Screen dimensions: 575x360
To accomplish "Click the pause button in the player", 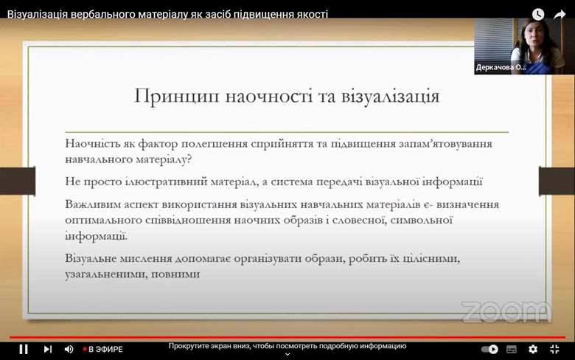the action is pyautogui.click(x=24, y=349).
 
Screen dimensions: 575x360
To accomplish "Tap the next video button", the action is pyautogui.click(x=48, y=349).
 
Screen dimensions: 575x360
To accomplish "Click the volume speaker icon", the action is pyautogui.click(x=69, y=349).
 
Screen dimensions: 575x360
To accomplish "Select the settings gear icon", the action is pyautogui.click(x=533, y=349).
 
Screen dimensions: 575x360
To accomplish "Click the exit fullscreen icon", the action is pyautogui.click(x=554, y=349).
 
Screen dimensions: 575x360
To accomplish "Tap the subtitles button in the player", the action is pyautogui.click(x=512, y=350).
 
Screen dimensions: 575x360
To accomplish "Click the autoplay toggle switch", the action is pyautogui.click(x=490, y=349).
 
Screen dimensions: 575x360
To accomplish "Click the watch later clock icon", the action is pyautogui.click(x=538, y=14).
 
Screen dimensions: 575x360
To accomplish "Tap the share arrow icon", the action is pyautogui.click(x=560, y=14).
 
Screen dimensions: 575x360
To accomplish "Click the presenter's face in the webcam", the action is pyautogui.click(x=534, y=36).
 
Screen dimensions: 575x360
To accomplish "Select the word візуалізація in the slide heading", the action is pyautogui.click(x=390, y=96).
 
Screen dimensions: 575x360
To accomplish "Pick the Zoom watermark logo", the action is pyautogui.click(x=506, y=312).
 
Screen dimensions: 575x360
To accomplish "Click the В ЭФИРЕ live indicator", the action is pyautogui.click(x=103, y=350).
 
